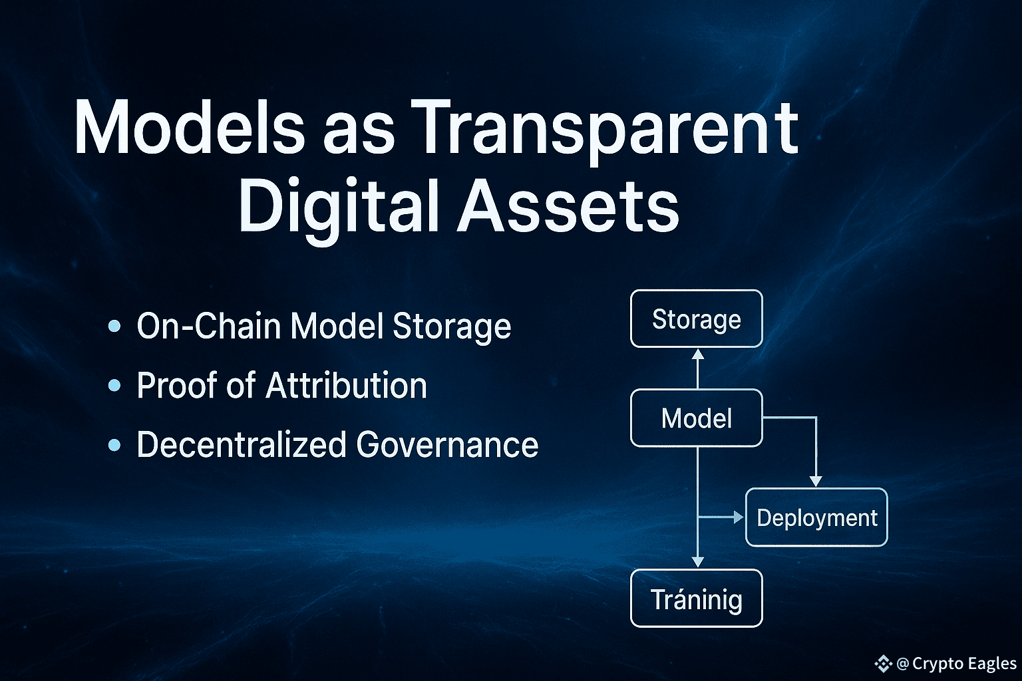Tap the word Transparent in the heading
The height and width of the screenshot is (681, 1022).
click(605, 132)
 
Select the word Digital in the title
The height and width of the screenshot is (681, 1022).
click(338, 209)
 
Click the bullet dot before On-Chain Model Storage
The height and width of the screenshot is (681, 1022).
click(114, 326)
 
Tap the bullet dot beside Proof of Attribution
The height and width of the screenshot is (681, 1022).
click(114, 386)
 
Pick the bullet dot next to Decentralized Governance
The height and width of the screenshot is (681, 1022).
click(114, 445)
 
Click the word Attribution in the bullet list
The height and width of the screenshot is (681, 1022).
click(346, 386)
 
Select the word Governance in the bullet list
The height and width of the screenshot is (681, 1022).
click(447, 445)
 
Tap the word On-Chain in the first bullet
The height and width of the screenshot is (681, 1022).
click(208, 326)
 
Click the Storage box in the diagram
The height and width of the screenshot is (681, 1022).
click(696, 319)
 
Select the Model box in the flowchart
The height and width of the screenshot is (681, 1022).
click(696, 418)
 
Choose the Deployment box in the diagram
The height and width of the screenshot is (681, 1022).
click(816, 517)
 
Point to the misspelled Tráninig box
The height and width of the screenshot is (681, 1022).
click(696, 599)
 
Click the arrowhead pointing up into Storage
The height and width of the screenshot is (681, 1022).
click(697, 354)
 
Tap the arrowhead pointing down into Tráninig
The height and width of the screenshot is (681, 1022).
click(697, 563)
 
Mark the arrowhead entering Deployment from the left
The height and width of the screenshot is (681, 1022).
click(739, 517)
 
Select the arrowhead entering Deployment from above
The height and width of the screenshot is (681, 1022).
click(816, 481)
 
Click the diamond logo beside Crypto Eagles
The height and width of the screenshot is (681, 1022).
click(884, 664)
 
